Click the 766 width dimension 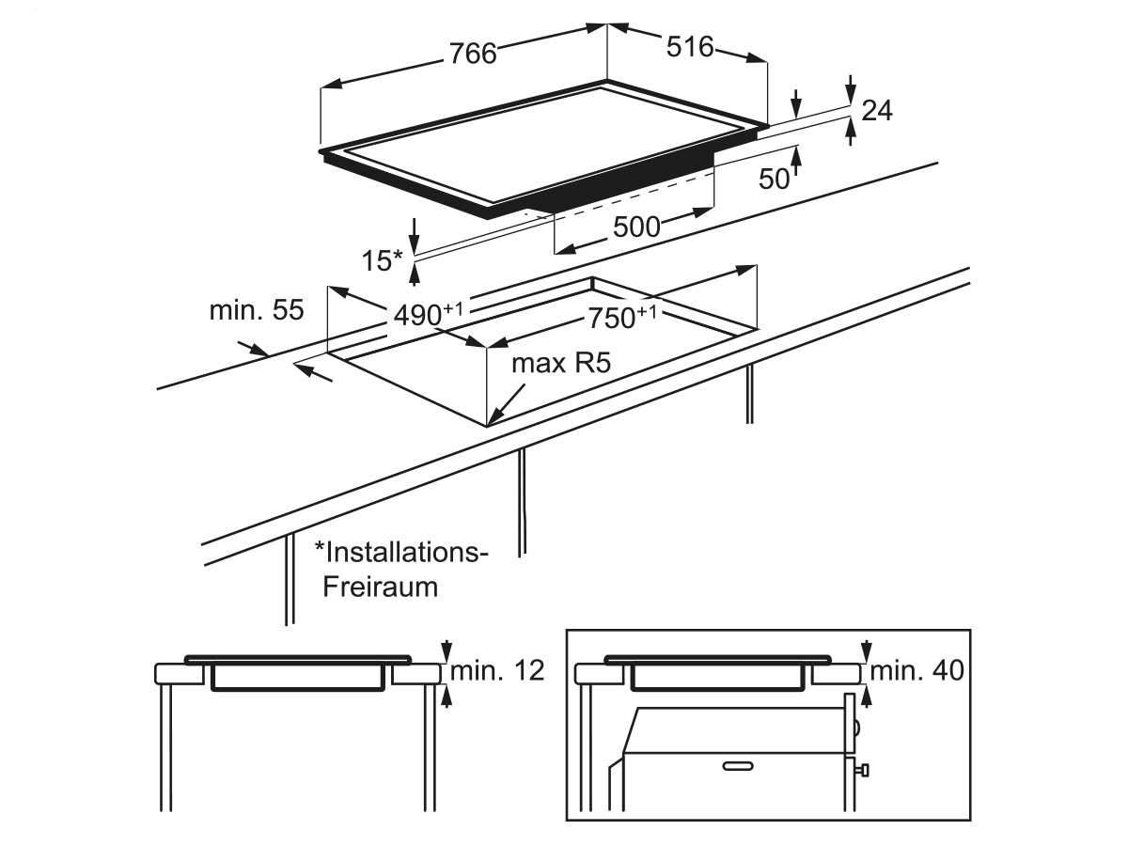[473, 54]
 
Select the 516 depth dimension [690, 47]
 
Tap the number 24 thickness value [877, 110]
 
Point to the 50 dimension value [774, 179]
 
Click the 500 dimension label [636, 227]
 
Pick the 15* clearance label [383, 260]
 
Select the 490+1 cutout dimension [428, 314]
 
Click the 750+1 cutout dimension [622, 317]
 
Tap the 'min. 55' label [257, 310]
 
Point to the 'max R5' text [561, 363]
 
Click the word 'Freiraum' [381, 587]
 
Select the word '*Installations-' [401, 552]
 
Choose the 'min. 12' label [497, 670]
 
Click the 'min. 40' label [916, 670]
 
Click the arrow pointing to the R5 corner [506, 405]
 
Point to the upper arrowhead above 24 [851, 92]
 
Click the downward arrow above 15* [415, 236]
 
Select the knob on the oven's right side [863, 785]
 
